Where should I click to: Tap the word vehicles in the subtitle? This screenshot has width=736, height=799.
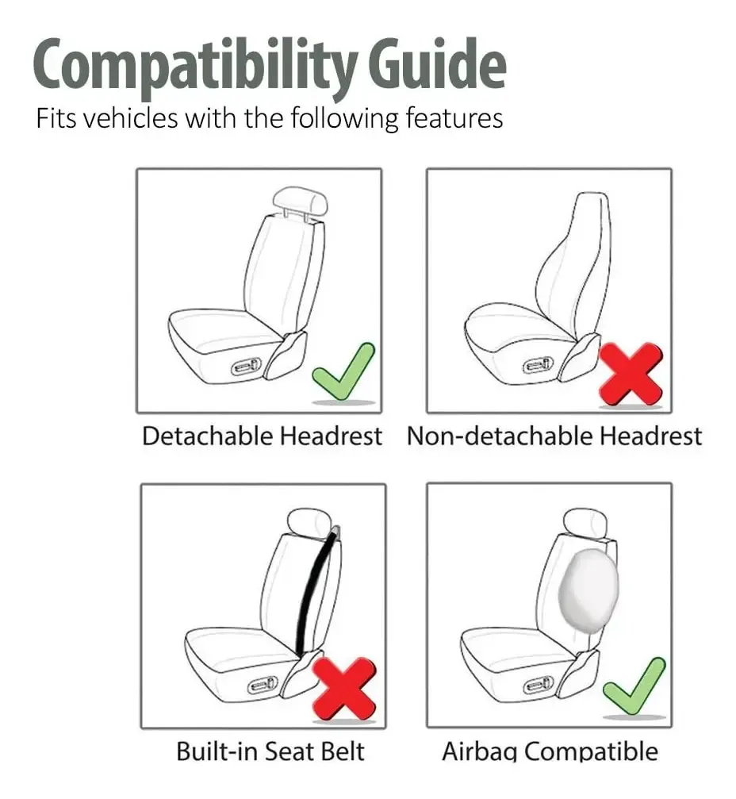(x=130, y=118)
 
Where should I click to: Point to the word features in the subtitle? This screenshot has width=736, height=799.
(x=454, y=118)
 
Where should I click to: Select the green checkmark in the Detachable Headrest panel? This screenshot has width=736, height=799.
(x=343, y=371)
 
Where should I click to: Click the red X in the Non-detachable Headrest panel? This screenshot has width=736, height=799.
(x=631, y=375)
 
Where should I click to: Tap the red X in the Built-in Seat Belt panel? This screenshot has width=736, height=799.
(x=344, y=689)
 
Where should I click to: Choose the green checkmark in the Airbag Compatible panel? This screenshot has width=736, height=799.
(x=634, y=686)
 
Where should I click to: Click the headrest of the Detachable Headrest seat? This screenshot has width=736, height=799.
(x=300, y=201)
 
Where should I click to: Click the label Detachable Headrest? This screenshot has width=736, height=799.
(x=262, y=436)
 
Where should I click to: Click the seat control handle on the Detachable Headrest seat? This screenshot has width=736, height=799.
(x=247, y=366)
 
